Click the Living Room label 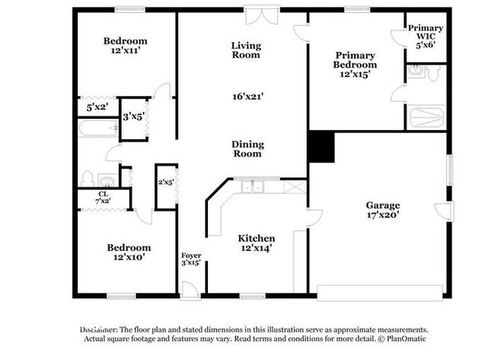click(x=246, y=50)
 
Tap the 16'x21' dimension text click(x=246, y=97)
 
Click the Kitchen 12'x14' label click(x=256, y=243)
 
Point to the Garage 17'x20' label click(x=383, y=210)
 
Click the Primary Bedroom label click(x=355, y=65)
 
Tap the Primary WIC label click(x=425, y=33)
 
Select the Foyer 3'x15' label click(x=190, y=259)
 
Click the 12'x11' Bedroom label click(x=126, y=46)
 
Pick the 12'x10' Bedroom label click(x=128, y=252)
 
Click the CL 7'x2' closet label click(x=101, y=197)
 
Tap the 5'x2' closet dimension click(x=97, y=108)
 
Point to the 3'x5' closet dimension click(x=134, y=116)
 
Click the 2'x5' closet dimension click(x=166, y=183)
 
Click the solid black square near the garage click(x=321, y=147)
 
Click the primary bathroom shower click(x=426, y=117)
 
